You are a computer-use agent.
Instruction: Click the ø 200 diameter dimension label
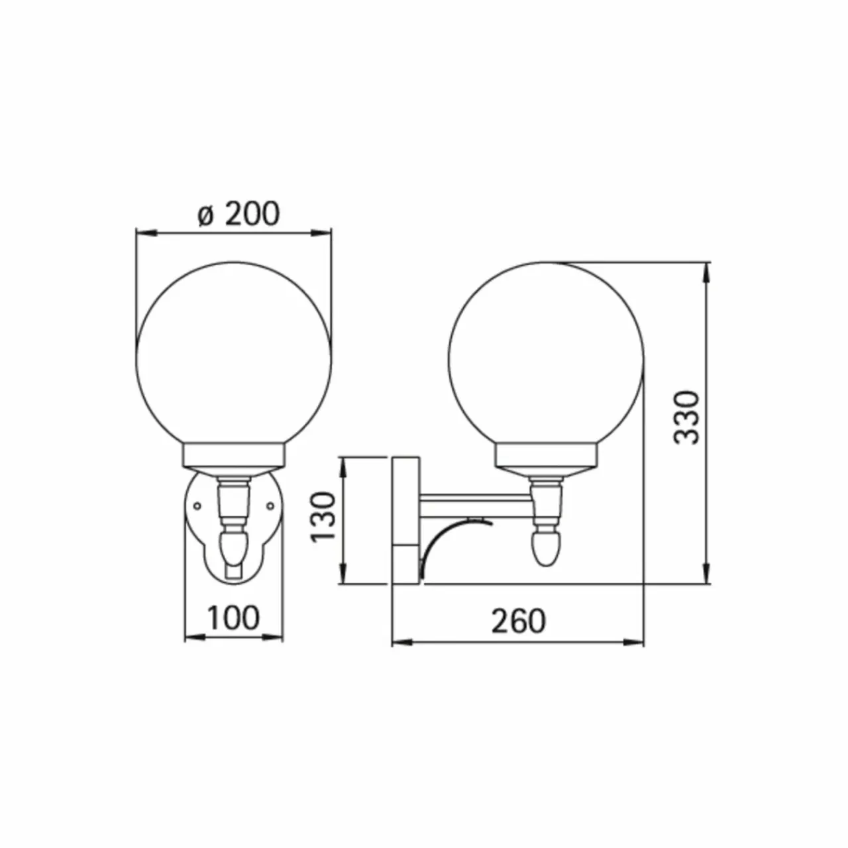(238, 214)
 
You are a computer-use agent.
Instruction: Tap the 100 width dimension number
(234, 618)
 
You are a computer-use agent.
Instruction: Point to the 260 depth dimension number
(518, 621)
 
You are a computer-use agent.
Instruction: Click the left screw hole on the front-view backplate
(197, 506)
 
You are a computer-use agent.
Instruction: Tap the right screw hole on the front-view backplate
(271, 506)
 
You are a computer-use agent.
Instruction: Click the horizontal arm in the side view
(476, 505)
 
